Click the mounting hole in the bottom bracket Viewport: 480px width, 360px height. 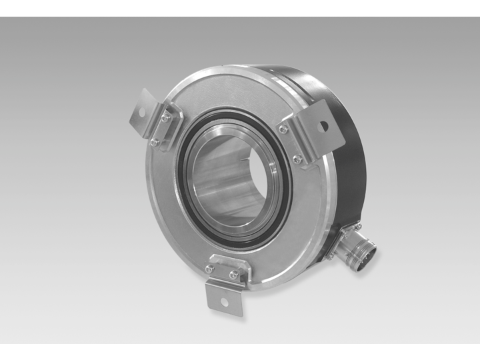(223, 301)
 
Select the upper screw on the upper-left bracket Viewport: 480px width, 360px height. (165, 119)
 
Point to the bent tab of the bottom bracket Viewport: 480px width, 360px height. (223, 294)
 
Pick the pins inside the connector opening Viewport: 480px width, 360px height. (369, 253)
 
